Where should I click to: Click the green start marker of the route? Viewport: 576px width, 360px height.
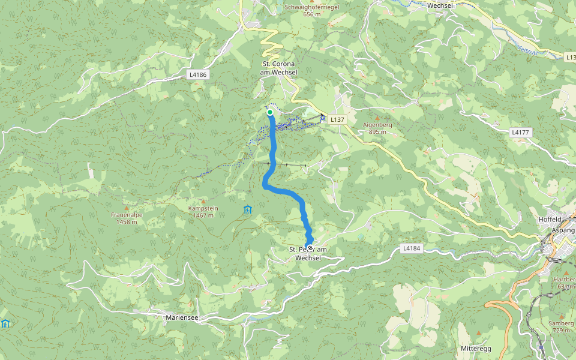pyautogui.click(x=270, y=112)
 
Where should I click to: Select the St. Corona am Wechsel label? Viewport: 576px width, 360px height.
pyautogui.click(x=278, y=68)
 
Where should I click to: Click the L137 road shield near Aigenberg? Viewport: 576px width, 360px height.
pyautogui.click(x=338, y=120)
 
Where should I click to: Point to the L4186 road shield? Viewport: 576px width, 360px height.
pyautogui.click(x=197, y=75)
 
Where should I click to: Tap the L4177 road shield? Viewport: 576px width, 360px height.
pyautogui.click(x=520, y=131)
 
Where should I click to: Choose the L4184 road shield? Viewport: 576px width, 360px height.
pyautogui.click(x=411, y=248)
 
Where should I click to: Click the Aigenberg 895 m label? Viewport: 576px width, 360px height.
pyautogui.click(x=377, y=128)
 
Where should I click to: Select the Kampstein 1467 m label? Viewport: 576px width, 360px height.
pyautogui.click(x=203, y=212)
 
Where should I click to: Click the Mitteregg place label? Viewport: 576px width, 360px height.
pyautogui.click(x=476, y=349)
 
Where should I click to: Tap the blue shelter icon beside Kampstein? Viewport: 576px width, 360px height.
pyautogui.click(x=247, y=209)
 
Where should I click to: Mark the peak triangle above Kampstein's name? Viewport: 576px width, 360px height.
pyautogui.click(x=203, y=201)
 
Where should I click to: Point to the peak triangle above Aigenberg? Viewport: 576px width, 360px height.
pyautogui.click(x=377, y=118)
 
